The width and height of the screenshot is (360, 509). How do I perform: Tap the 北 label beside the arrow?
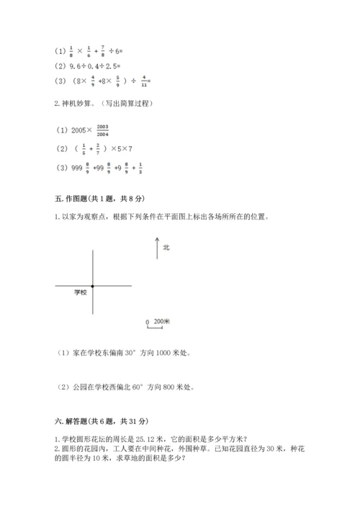click(x=166, y=248)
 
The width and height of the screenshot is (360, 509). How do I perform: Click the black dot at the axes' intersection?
click(x=93, y=286)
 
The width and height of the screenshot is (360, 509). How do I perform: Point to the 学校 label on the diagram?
click(x=80, y=293)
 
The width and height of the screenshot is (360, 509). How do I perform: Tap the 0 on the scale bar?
click(x=147, y=322)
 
